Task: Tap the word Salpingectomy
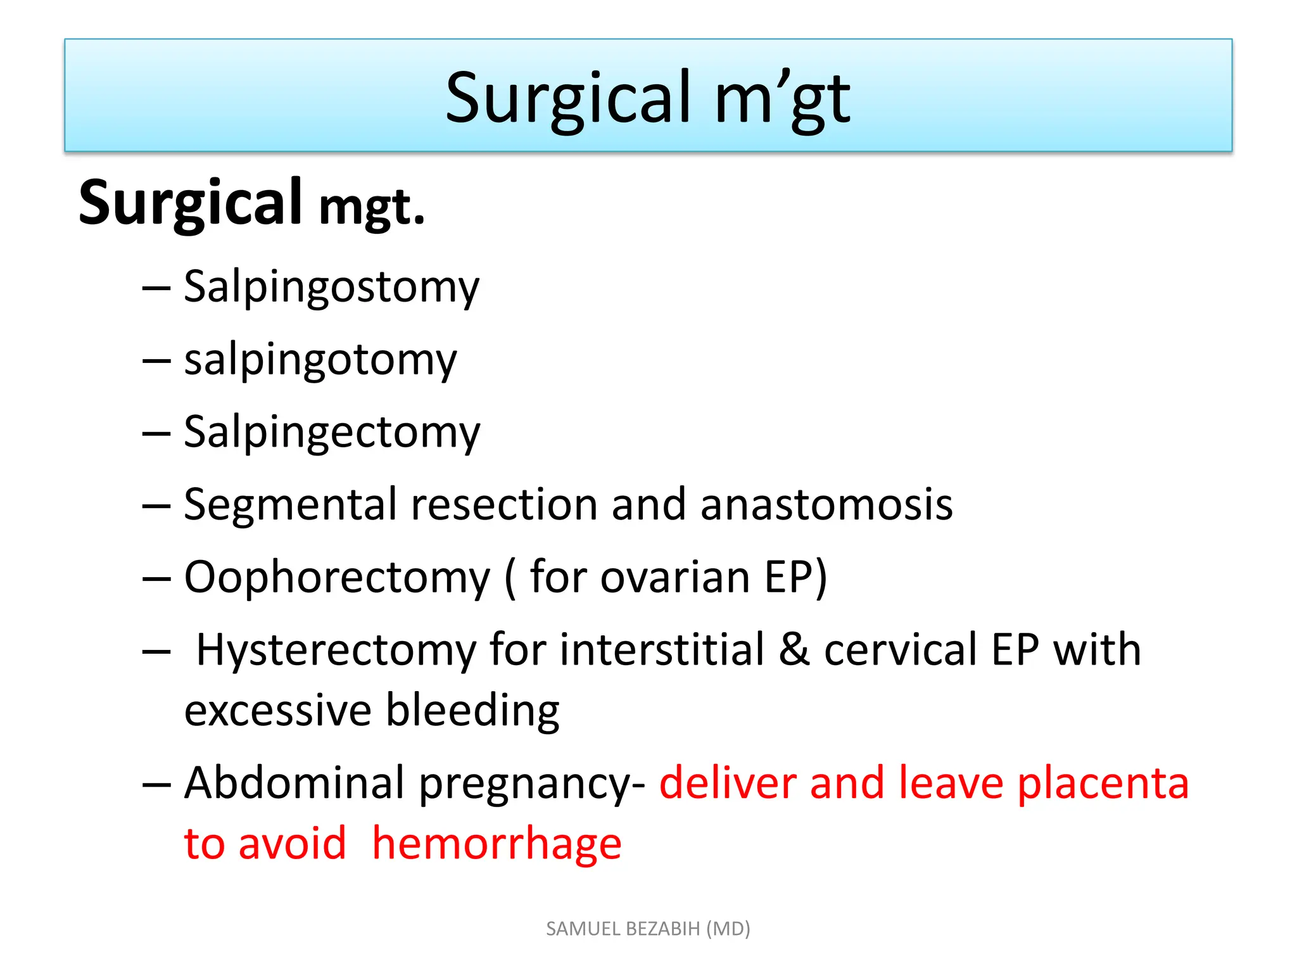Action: pos(332,433)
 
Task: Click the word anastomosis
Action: pos(826,505)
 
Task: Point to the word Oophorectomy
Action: pos(337,578)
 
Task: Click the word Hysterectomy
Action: pos(336,651)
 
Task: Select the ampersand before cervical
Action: pos(794,650)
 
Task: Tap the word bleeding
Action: pos(472,710)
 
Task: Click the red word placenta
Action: pos(1103,784)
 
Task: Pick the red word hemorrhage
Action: pos(497,844)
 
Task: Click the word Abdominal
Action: pos(294,784)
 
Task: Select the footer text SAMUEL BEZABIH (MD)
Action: pos(648,929)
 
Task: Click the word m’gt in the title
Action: pos(782,99)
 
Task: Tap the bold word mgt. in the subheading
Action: pos(372,208)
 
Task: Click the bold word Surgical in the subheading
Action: pos(190,203)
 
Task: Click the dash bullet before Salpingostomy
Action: pos(156,288)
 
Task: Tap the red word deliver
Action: pos(728,784)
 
